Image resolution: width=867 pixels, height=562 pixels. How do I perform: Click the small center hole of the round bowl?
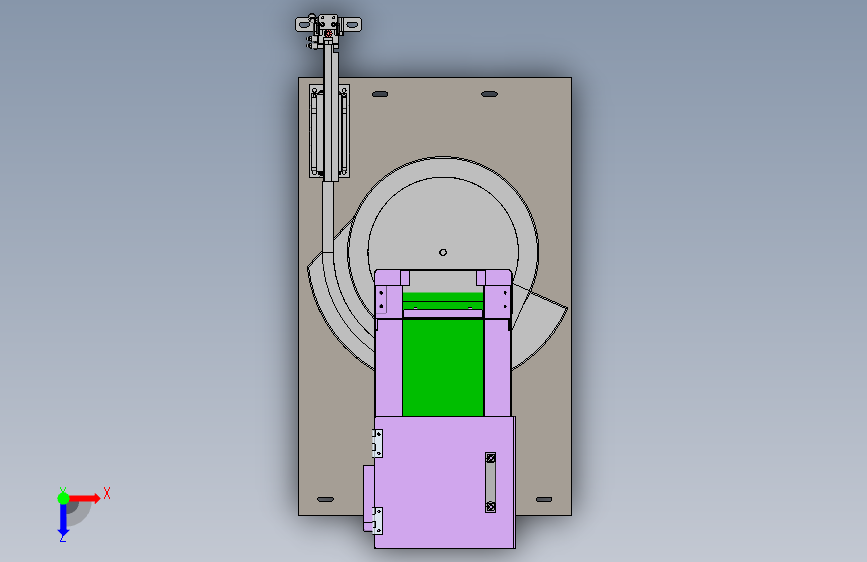coord(443,252)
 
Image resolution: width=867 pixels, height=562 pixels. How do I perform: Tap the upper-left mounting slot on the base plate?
coord(380,94)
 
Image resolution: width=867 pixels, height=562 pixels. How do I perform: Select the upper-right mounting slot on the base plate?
coord(489,94)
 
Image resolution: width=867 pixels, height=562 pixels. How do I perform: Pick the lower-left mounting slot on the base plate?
coord(325,499)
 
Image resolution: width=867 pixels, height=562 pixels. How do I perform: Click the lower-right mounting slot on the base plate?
coord(544,499)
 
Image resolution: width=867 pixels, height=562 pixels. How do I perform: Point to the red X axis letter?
coord(107,493)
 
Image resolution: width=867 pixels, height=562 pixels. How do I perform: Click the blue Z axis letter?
coord(63,538)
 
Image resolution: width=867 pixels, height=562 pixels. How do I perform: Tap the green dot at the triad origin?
coord(63,498)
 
